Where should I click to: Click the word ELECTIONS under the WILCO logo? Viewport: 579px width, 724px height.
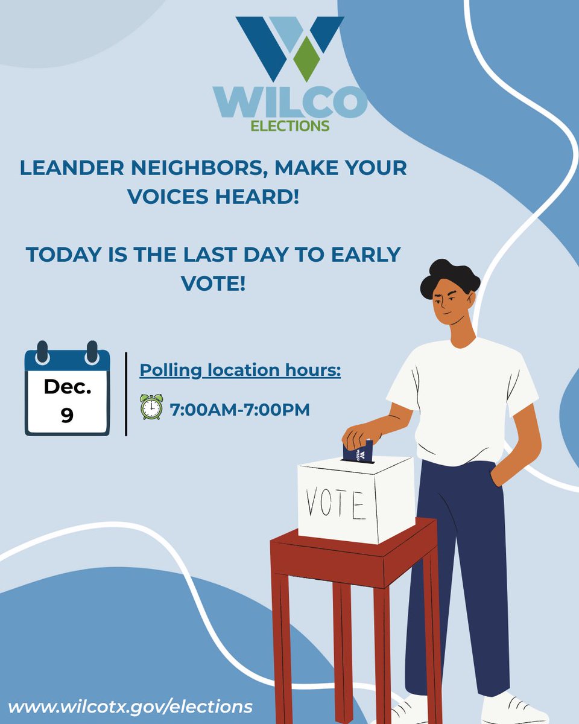(290, 125)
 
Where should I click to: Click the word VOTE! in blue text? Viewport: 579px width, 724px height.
(214, 283)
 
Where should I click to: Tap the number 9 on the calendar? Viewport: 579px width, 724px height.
(67, 415)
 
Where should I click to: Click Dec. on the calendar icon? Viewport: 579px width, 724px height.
(67, 388)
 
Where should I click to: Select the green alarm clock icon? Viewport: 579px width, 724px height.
(151, 407)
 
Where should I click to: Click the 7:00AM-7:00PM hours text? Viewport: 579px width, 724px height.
(240, 410)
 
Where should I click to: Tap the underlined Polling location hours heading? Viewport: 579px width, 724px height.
(240, 370)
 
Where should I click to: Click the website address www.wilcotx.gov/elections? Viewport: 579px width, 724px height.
(130, 705)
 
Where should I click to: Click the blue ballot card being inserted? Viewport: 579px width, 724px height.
(358, 452)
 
